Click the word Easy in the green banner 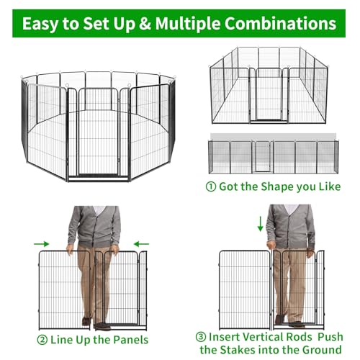(x=40, y=24)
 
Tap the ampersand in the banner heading (x=144, y=24)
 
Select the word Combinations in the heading (x=280, y=24)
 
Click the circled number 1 (x=211, y=186)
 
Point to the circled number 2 (x=42, y=340)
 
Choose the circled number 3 (x=201, y=337)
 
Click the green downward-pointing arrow (x=260, y=224)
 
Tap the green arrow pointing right (x=42, y=244)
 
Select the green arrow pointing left (x=141, y=244)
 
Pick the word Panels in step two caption (x=130, y=340)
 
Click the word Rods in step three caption (x=300, y=337)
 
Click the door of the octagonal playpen (x=98, y=132)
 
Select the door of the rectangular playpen (x=269, y=94)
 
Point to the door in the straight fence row (x=262, y=156)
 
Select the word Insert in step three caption (x=224, y=337)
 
